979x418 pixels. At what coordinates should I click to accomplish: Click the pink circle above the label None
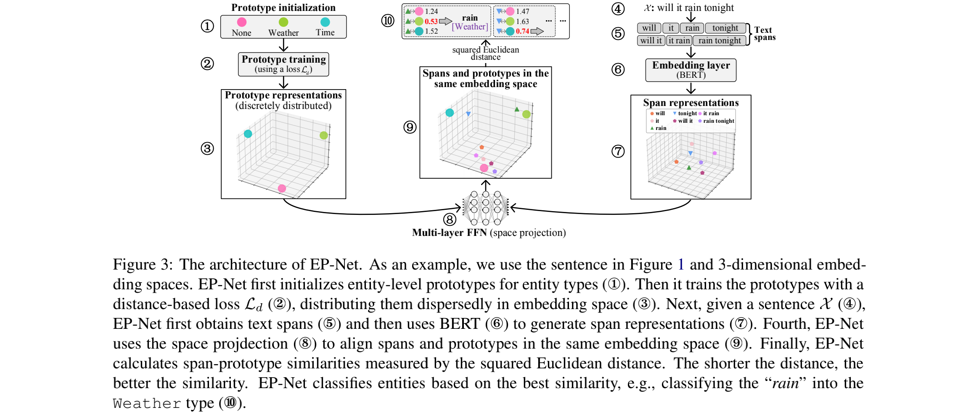[241, 22]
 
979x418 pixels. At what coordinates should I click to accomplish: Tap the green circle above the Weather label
[283, 22]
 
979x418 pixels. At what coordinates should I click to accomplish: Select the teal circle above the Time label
[325, 22]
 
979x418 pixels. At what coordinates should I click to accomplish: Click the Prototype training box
[283, 64]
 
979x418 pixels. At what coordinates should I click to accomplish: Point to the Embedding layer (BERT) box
[691, 70]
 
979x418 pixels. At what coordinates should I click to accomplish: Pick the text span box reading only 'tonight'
[725, 28]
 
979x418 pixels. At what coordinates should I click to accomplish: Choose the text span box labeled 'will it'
[651, 41]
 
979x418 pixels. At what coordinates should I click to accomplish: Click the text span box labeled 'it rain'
[679, 41]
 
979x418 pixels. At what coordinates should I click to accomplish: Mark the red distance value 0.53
[431, 21]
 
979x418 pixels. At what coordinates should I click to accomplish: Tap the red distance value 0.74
[522, 31]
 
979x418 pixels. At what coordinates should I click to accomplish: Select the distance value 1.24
[431, 11]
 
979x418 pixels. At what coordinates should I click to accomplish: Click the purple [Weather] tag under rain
[470, 27]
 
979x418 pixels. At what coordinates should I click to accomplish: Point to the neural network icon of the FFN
[486, 208]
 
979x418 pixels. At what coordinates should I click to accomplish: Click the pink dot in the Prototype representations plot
[282, 188]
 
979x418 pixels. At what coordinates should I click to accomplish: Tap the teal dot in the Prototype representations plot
[248, 134]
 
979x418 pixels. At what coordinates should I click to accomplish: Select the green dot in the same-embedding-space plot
[526, 114]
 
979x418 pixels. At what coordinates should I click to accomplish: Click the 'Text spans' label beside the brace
[764, 34]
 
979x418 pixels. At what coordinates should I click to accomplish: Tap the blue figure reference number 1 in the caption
[681, 265]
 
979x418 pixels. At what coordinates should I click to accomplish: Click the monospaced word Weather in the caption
[147, 404]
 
